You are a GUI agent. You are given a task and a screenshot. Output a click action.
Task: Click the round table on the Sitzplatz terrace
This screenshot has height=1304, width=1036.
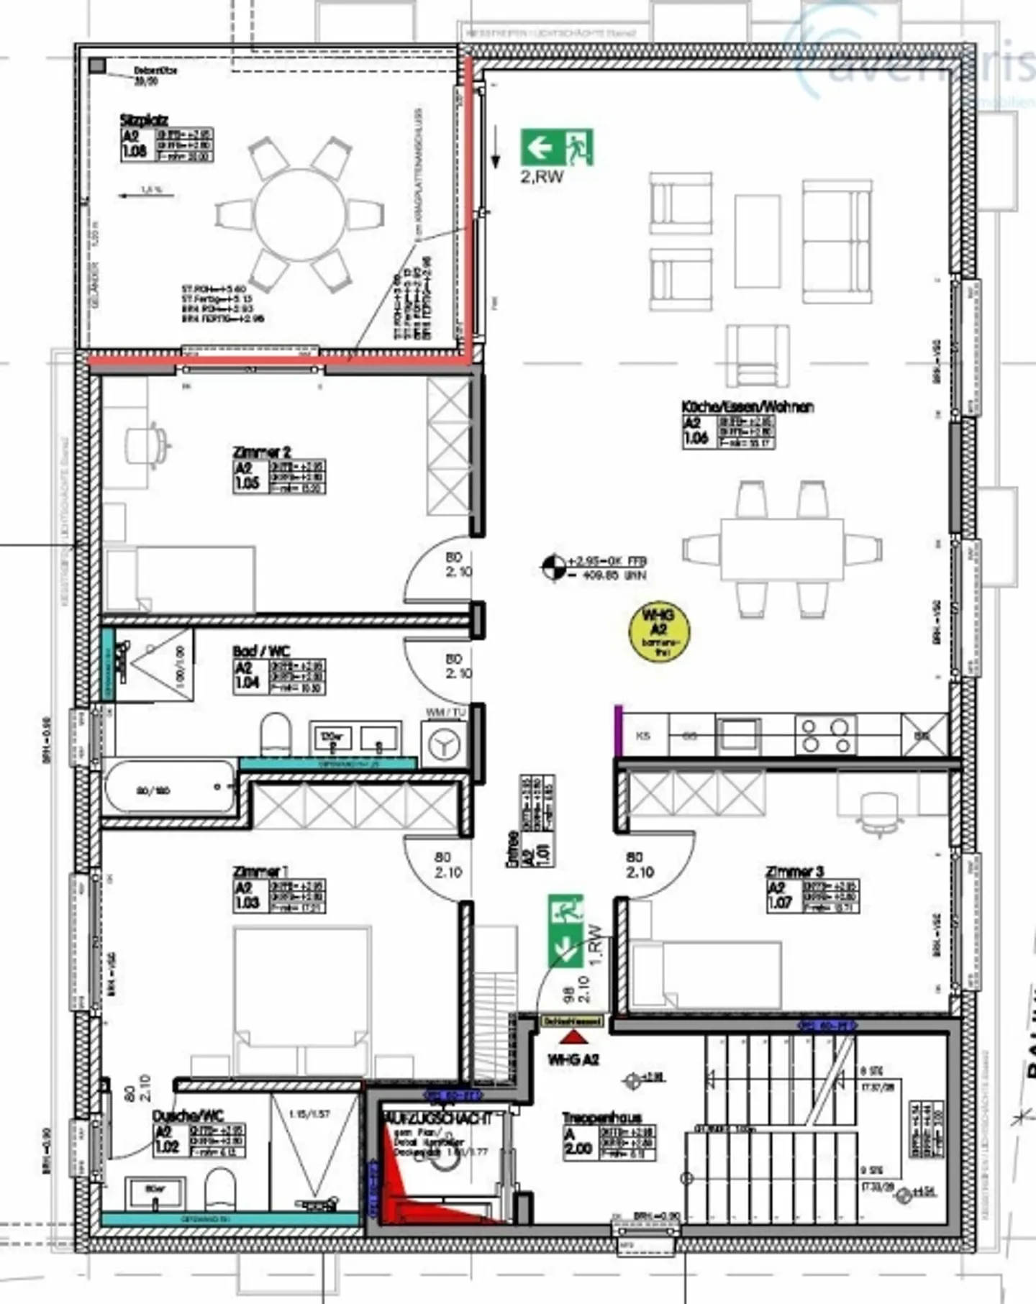point(299,214)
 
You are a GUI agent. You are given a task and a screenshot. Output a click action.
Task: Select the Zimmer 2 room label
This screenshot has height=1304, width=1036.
point(262,452)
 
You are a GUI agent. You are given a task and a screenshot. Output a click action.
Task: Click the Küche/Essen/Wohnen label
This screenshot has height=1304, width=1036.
point(748,407)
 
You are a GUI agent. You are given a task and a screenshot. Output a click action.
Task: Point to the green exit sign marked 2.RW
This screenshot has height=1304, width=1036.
point(557,147)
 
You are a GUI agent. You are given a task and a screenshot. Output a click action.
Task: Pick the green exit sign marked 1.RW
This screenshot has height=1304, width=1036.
point(565,931)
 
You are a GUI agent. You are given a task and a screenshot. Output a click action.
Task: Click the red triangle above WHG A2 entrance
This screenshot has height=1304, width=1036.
point(573,1036)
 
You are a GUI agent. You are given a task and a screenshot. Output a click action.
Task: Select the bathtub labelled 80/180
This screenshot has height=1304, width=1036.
point(170,788)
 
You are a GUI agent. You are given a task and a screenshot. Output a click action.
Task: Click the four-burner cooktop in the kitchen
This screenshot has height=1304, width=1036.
point(825,735)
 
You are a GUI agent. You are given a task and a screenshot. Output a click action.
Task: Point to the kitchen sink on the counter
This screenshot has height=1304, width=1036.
point(738,735)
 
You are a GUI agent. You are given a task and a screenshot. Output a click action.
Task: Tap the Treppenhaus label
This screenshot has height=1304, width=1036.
point(601,1118)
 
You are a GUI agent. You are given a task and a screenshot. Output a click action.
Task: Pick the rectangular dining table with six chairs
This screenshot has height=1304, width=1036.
point(782,549)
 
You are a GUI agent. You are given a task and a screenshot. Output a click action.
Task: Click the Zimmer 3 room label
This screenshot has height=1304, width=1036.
point(794,871)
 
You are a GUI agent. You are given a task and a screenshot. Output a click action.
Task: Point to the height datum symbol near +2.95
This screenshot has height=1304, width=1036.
point(553,567)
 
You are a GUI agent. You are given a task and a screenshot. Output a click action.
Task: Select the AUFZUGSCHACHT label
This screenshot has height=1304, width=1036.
point(438,1119)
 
